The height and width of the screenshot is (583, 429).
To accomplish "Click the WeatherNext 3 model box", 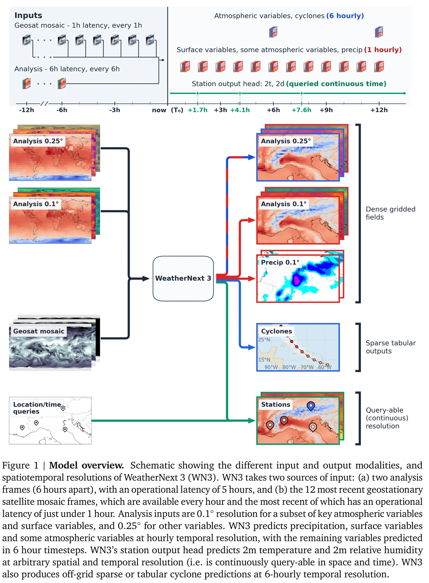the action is [183, 279].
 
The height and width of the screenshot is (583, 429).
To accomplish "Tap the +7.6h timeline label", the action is [301, 110].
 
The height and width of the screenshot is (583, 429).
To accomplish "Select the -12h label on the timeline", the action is [27, 110].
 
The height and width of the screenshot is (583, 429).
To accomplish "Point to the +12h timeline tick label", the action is [379, 110].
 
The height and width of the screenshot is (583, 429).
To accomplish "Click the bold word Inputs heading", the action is [28, 16].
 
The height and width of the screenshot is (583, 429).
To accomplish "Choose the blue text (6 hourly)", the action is [345, 16].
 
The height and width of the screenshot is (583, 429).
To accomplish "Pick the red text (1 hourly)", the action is [383, 50].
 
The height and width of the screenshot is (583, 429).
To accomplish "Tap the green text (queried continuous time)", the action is [336, 84].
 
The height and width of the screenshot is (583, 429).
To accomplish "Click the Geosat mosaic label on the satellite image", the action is [39, 331].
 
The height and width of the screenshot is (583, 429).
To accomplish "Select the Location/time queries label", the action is [37, 408].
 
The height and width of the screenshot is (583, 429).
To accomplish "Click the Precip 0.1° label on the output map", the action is [280, 262].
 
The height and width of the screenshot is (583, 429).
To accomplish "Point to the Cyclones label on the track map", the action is [277, 331].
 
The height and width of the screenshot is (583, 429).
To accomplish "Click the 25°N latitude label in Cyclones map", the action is [264, 340].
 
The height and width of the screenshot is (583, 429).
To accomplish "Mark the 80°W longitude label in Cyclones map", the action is [289, 367].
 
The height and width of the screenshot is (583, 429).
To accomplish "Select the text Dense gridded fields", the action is [390, 213].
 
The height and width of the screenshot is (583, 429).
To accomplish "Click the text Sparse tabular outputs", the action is [390, 347].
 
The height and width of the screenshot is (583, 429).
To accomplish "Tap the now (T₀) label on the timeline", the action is [168, 110].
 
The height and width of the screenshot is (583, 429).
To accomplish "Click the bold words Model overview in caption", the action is [86, 465].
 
